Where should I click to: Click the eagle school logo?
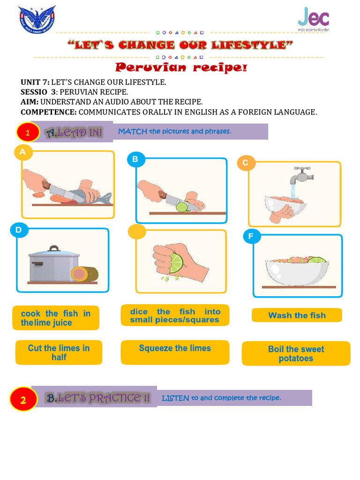(x=37, y=20)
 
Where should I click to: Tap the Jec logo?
(x=314, y=19)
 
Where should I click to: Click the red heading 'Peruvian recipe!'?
(x=181, y=68)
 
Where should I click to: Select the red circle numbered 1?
(x=28, y=133)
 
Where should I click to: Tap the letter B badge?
(x=135, y=159)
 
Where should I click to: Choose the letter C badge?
(x=246, y=163)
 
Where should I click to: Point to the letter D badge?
(x=19, y=230)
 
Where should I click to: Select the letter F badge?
(x=251, y=236)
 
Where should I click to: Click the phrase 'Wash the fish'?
(x=297, y=315)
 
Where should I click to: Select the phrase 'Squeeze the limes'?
(x=175, y=348)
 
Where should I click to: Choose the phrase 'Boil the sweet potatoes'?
(x=296, y=354)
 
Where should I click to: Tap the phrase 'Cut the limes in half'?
(x=59, y=352)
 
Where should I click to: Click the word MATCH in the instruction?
(x=133, y=131)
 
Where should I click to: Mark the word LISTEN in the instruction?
(x=175, y=398)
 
